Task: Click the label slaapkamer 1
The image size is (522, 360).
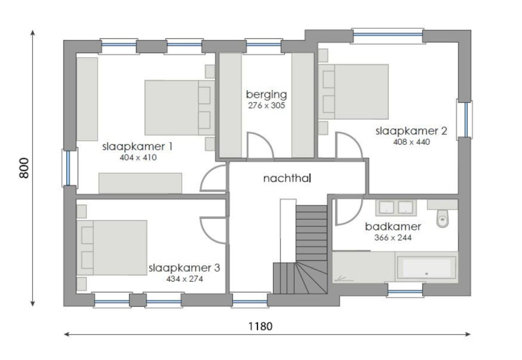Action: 137,147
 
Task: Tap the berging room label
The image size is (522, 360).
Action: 266,95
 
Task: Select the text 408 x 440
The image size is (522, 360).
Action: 411,142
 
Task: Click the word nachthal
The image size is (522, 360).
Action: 287,178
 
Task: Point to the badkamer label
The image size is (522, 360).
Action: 393,226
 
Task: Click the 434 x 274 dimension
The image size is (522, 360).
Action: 184,279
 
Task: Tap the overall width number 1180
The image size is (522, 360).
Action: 260,326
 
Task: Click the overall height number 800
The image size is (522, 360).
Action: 24,168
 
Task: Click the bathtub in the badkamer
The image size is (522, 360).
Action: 426,268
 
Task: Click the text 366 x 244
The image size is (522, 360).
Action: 393,238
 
